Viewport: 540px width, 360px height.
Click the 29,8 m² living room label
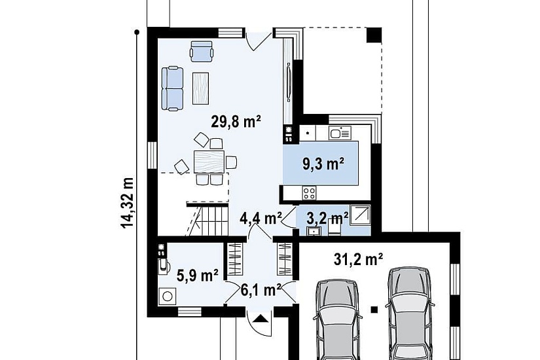click(236, 122)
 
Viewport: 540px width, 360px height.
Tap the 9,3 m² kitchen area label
click(324, 164)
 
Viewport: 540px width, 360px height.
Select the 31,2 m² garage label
click(358, 259)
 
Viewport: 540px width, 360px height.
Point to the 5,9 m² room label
click(197, 276)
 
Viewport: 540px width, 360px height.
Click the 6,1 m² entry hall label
click(261, 291)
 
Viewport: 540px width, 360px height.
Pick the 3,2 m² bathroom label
click(327, 218)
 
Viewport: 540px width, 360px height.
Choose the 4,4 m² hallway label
click(261, 218)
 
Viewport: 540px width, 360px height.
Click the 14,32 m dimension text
click(127, 203)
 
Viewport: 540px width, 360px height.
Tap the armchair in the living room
click(202, 51)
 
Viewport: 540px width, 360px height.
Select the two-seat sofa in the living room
click(173, 89)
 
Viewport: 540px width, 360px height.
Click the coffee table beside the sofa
click(200, 88)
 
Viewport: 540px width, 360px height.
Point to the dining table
click(209, 162)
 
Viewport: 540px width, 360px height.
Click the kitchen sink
click(340, 133)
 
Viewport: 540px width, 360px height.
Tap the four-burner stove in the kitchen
click(309, 192)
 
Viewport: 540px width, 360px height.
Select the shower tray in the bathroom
click(360, 215)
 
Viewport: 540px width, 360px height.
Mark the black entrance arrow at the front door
click(259, 318)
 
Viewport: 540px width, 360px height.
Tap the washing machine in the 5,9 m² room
click(168, 297)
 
